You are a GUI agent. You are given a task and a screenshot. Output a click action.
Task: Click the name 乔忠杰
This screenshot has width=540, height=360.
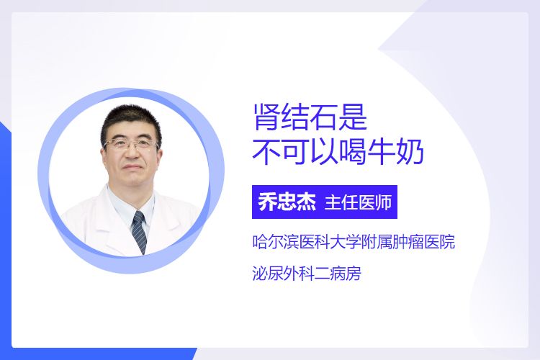click(x=287, y=202)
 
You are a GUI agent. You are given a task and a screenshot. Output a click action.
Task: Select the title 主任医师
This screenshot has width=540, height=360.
click(x=358, y=202)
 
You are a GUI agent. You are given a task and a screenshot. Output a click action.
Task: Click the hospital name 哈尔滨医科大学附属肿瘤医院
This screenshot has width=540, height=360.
click(x=354, y=242)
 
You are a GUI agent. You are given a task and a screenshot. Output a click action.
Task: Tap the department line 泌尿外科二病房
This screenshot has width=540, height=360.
click(x=307, y=274)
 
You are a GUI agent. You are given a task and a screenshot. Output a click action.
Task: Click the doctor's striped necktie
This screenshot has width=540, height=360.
click(x=140, y=232)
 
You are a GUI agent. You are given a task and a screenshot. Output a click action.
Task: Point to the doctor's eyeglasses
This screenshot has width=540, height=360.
click(x=132, y=144)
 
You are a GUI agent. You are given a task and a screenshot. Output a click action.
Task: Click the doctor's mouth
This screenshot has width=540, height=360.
click(x=132, y=168)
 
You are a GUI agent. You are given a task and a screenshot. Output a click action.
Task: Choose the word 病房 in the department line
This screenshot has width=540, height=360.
click(x=346, y=274)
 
